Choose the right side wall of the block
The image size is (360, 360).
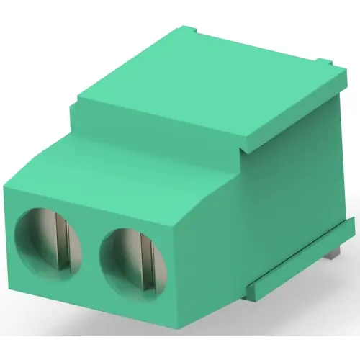pyautogui.click(x=288, y=194)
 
